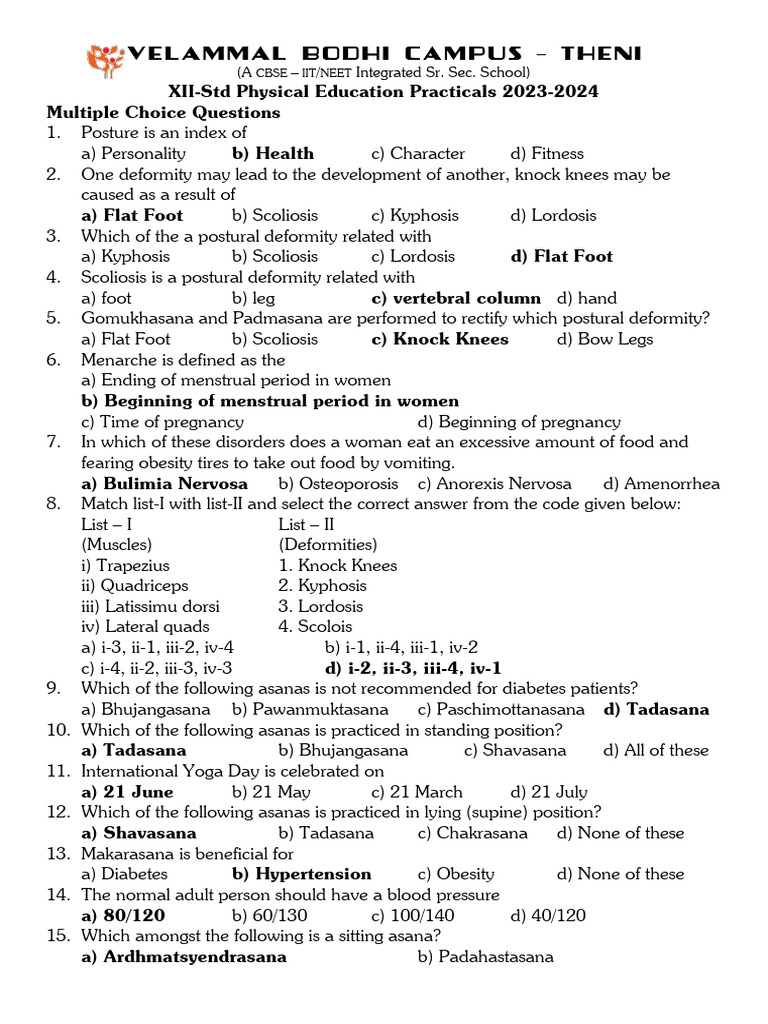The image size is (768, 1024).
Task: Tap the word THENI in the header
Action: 602,54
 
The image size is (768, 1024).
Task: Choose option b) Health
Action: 273,153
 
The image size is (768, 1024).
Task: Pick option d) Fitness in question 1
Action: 547,153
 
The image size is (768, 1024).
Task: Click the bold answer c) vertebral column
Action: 455,298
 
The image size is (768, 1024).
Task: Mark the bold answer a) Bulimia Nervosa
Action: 164,484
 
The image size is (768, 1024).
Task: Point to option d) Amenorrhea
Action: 661,484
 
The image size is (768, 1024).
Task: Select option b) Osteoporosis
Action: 338,484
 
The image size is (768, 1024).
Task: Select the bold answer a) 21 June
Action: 127,792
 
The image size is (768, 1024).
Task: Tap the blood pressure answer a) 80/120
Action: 123,915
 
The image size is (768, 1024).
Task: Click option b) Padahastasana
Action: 485,957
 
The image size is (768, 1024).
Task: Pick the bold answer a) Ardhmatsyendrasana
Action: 184,957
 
